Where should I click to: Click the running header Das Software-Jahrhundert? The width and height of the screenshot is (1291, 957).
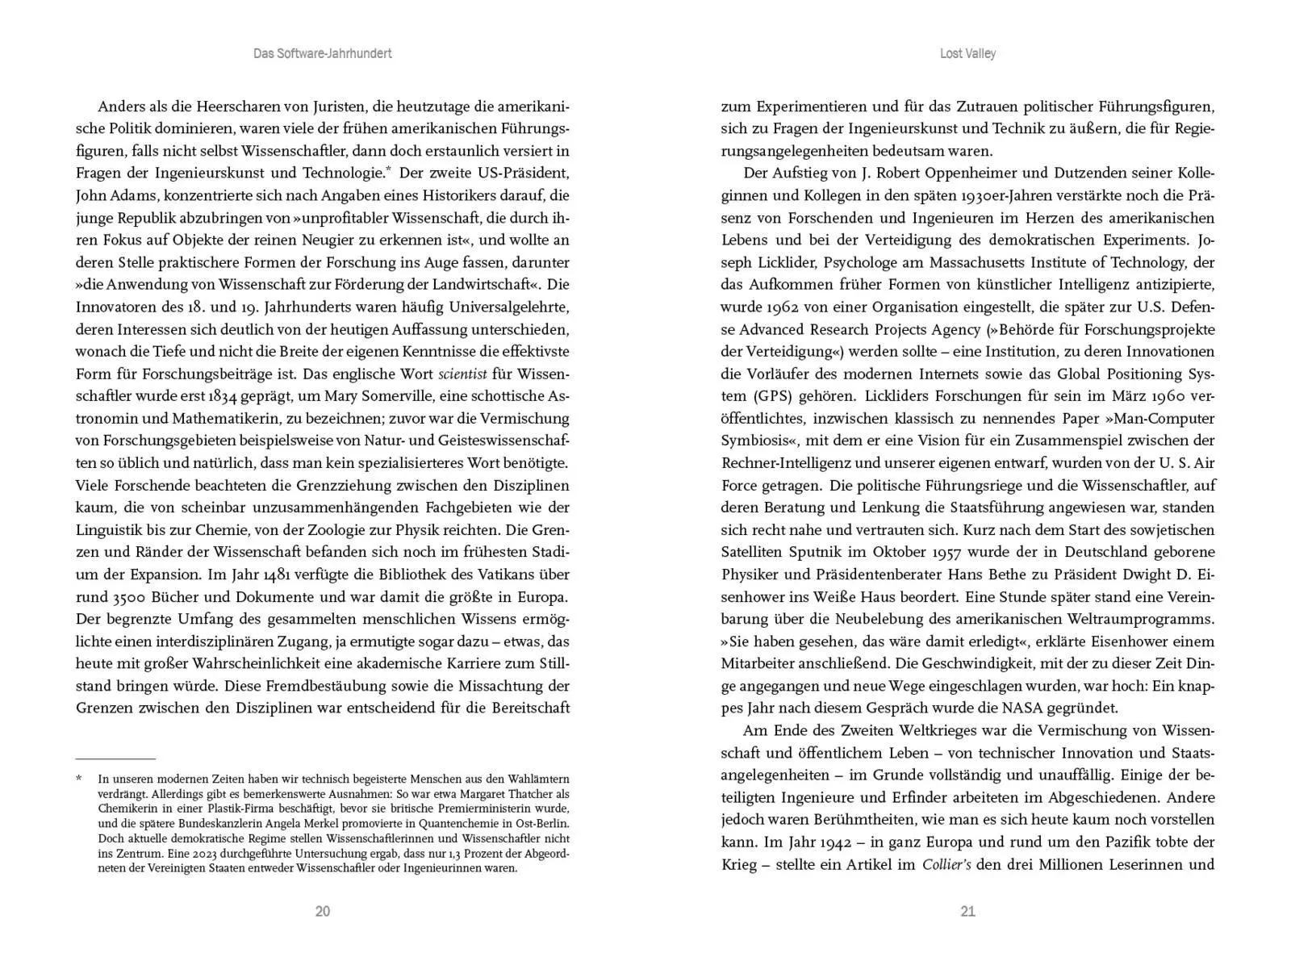(322, 53)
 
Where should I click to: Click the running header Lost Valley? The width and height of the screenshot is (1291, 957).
(967, 53)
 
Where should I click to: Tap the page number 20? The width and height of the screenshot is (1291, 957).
(322, 911)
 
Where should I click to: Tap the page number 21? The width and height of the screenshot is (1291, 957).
(968, 911)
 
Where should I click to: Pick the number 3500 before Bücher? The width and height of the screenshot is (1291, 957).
(126, 597)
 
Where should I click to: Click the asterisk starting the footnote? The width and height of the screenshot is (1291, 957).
(79, 779)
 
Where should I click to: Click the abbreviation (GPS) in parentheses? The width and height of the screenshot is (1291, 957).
(777, 396)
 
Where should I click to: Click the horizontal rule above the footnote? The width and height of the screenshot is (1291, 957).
(115, 758)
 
